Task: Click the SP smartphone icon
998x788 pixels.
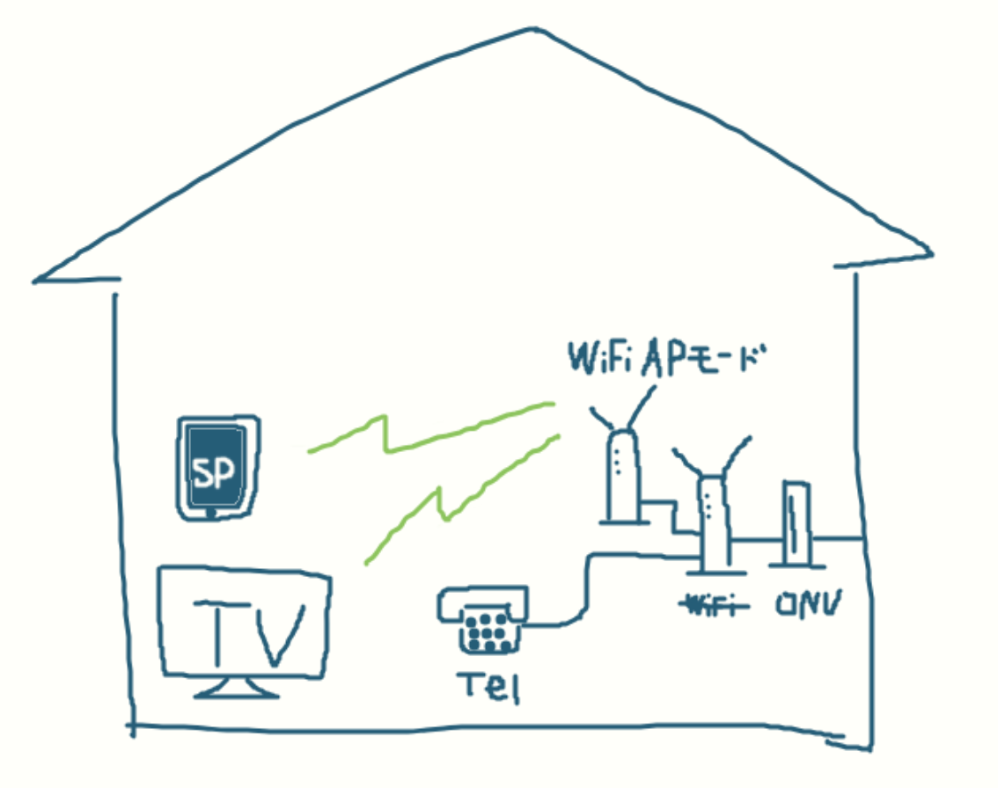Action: coord(216,468)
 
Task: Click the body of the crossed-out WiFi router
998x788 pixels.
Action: coord(713,524)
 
